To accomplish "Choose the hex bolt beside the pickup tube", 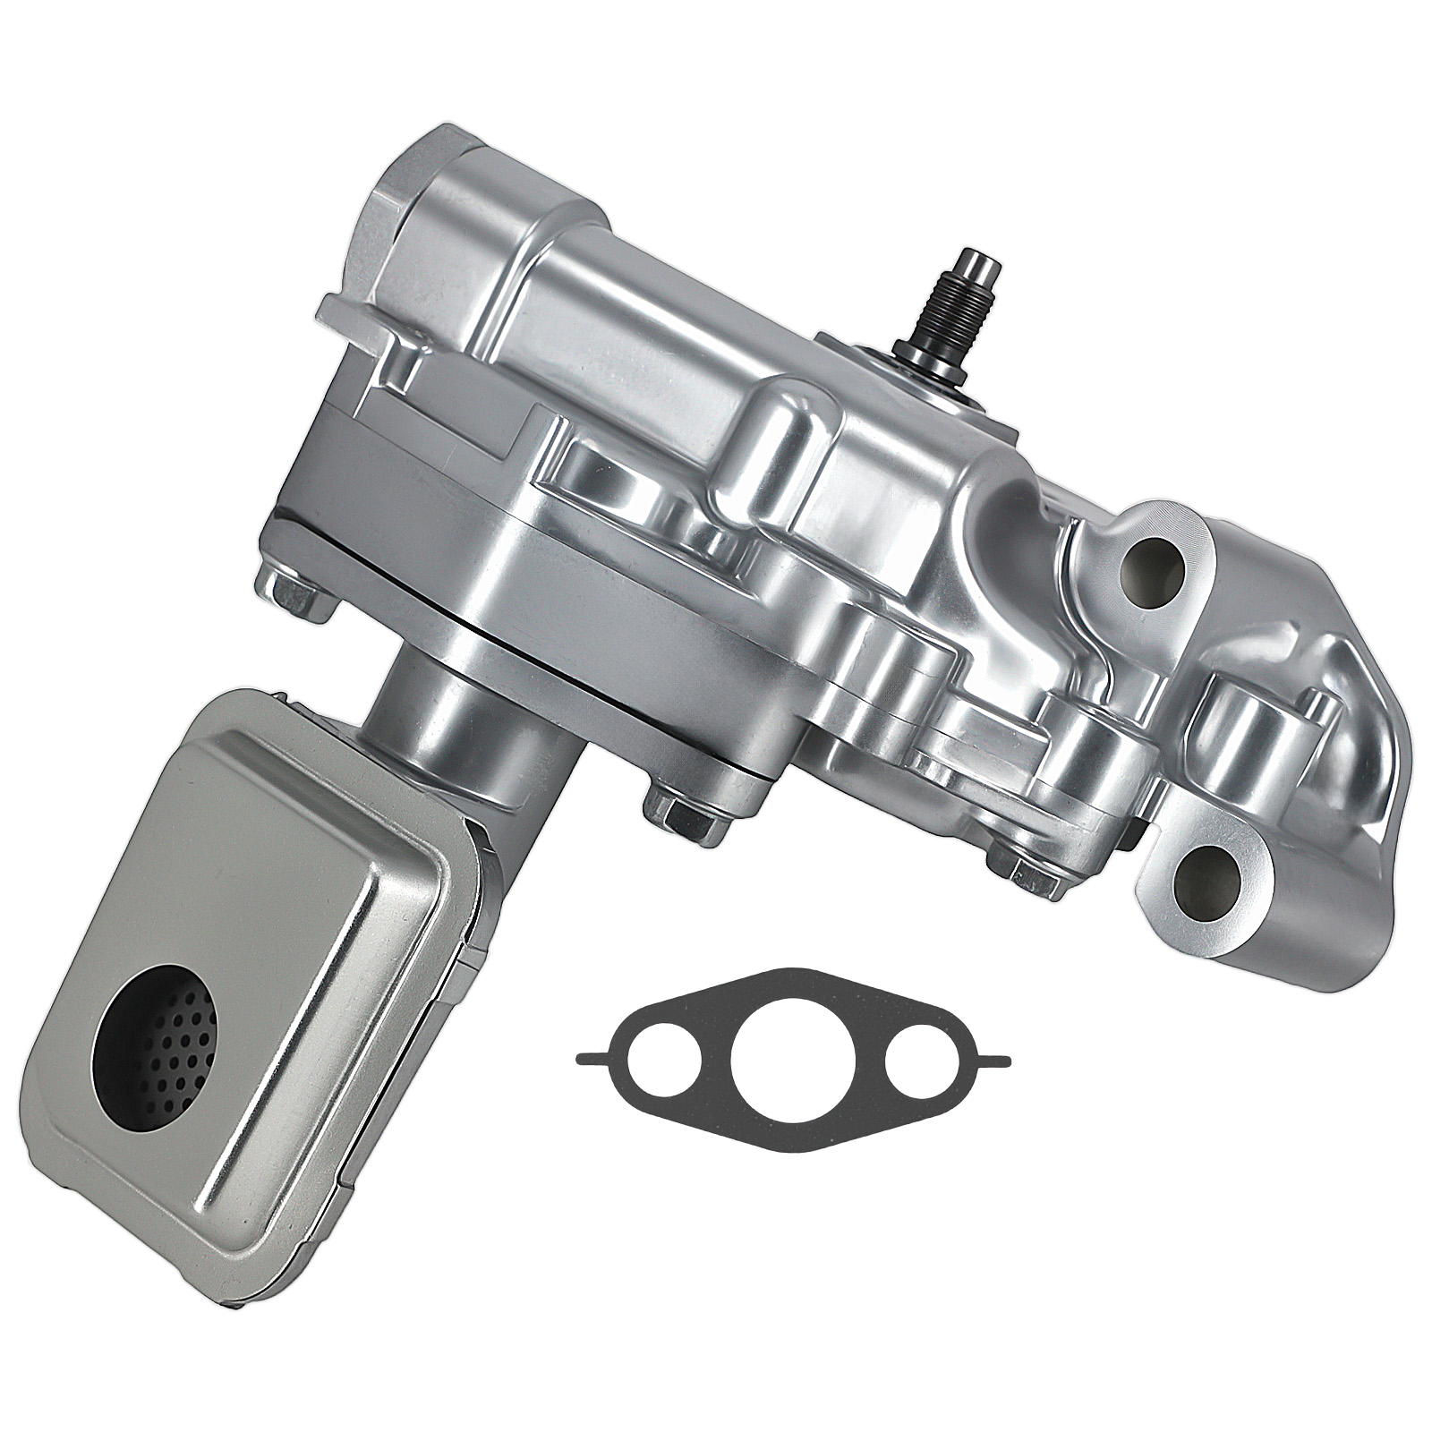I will [x=678, y=806].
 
